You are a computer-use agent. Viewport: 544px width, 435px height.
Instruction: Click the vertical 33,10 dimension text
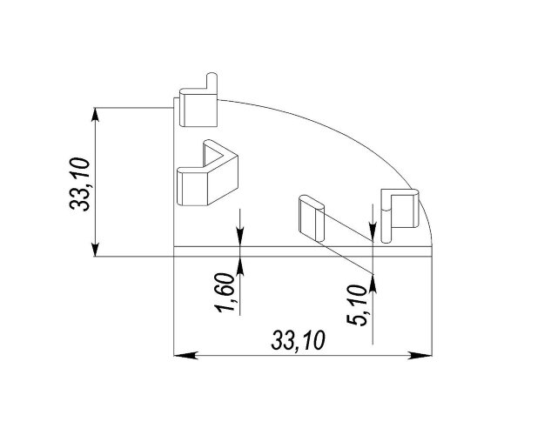(x=80, y=184)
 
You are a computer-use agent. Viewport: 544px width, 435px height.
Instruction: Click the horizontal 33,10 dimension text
(x=298, y=340)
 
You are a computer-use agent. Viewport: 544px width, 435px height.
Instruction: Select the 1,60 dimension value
(x=225, y=292)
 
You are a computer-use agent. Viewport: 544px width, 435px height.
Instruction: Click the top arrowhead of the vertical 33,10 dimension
(x=96, y=115)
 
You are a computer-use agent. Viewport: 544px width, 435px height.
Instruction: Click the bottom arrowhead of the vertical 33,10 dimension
(x=96, y=250)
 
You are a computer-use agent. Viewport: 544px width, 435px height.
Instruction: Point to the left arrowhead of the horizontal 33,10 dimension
(x=185, y=355)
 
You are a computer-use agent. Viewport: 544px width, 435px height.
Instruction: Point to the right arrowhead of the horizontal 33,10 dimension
(x=420, y=355)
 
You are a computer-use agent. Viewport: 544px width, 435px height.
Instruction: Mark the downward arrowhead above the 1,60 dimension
(x=239, y=237)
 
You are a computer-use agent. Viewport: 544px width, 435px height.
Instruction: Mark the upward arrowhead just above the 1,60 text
(x=239, y=266)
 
